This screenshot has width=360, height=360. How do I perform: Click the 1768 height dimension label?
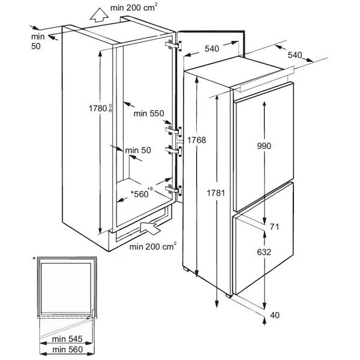tap(197, 140)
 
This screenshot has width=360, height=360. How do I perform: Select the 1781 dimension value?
tap(216, 193)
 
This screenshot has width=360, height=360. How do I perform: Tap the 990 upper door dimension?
tap(264, 146)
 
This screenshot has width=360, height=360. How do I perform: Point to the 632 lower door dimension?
tap(264, 252)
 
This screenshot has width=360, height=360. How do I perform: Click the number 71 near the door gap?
tap(274, 227)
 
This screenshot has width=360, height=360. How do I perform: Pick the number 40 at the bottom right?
tap(275, 315)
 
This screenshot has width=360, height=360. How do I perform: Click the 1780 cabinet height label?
tap(100, 108)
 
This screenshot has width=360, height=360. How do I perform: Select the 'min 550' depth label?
tap(149, 113)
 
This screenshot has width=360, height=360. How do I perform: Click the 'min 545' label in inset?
tap(67, 339)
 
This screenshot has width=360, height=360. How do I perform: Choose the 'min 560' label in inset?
tap(67, 349)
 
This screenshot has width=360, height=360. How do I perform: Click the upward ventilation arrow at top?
tap(99, 15)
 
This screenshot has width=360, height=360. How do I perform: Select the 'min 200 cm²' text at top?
tap(134, 7)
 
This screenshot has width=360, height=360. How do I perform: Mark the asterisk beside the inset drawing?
tap(34, 259)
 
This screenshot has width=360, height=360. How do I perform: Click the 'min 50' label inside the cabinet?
tap(138, 151)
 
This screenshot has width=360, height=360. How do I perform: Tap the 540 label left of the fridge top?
tap(212, 49)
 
